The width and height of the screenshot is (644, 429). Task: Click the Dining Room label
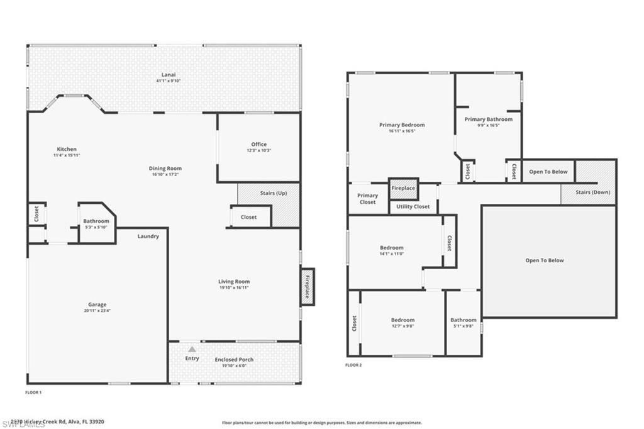click(x=165, y=168)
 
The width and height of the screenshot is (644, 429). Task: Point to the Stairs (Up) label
click(x=273, y=193)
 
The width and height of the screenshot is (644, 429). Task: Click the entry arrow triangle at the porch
click(x=192, y=348)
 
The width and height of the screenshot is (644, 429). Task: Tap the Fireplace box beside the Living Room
click(x=308, y=287)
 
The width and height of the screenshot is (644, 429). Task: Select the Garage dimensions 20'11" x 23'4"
click(x=97, y=311)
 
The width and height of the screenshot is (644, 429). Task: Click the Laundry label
click(x=148, y=237)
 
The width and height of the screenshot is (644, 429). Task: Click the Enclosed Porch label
click(x=234, y=359)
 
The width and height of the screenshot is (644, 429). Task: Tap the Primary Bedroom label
click(x=402, y=125)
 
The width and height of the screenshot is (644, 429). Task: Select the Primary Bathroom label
click(x=488, y=119)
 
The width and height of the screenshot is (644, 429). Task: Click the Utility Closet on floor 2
click(x=413, y=206)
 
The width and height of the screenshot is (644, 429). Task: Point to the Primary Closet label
click(x=367, y=199)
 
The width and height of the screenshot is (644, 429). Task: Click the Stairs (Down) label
click(x=594, y=192)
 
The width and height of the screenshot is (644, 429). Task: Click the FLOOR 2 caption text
click(x=353, y=365)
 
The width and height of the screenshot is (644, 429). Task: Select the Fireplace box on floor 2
click(x=403, y=188)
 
